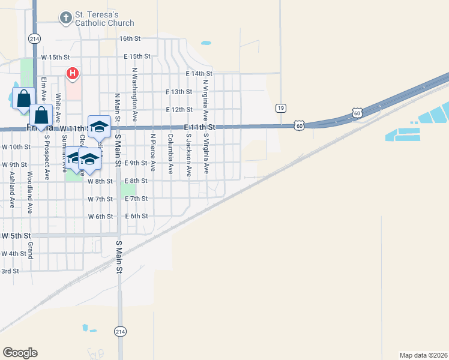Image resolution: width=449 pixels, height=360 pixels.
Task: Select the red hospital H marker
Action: tap(73, 74)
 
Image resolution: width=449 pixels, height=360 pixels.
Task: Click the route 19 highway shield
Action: tap(280, 108)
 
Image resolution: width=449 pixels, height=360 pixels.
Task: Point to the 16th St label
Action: tap(129, 38)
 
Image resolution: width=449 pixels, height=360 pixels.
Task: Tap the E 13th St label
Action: tap(178, 92)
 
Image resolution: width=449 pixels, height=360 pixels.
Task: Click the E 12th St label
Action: tap(178, 110)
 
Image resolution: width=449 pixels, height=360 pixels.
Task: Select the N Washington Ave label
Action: tap(135, 95)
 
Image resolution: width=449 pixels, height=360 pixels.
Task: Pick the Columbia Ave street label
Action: tap(170, 154)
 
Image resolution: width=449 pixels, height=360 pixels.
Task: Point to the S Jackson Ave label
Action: tap(188, 154)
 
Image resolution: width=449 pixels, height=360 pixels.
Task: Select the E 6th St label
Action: tap(136, 216)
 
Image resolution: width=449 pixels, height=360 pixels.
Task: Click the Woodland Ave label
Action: tap(29, 193)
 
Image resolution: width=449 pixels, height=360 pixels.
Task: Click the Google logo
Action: tap(20, 353)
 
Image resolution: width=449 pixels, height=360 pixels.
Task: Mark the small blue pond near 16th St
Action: tap(206, 43)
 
